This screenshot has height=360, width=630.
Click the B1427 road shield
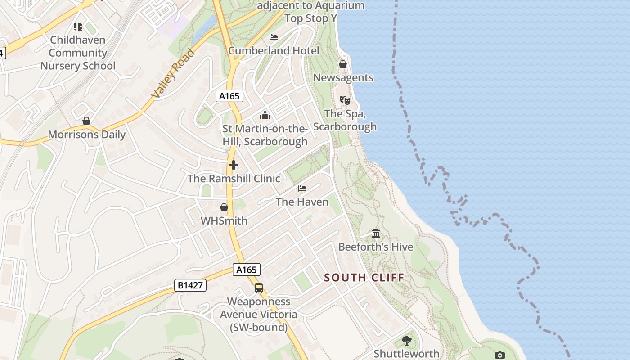point(190,285)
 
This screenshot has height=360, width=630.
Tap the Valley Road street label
point(173,73)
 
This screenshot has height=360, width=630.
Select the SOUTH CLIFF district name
point(364,277)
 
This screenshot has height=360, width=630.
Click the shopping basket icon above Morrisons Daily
point(86,121)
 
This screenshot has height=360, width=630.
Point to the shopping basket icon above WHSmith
point(224,207)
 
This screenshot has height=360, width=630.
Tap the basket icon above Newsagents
point(343,64)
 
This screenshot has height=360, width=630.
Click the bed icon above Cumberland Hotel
point(274,37)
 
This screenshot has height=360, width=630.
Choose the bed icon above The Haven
point(302,188)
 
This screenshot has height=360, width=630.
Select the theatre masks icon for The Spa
point(345,99)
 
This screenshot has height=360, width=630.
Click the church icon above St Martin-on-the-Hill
point(265,115)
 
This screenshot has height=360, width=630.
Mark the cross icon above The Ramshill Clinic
point(234,165)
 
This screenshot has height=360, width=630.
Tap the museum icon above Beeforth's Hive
point(376,233)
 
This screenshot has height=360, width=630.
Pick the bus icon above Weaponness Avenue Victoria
point(259,288)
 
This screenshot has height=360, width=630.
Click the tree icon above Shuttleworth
point(406,340)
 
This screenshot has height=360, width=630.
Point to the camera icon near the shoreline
point(499,355)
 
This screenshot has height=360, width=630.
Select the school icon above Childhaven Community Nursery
point(78,27)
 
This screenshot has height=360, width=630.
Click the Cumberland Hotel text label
point(274,50)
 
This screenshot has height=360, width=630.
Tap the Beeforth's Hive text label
point(376,247)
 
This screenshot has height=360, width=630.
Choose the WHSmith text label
point(224,220)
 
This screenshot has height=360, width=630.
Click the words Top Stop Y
point(311,18)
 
